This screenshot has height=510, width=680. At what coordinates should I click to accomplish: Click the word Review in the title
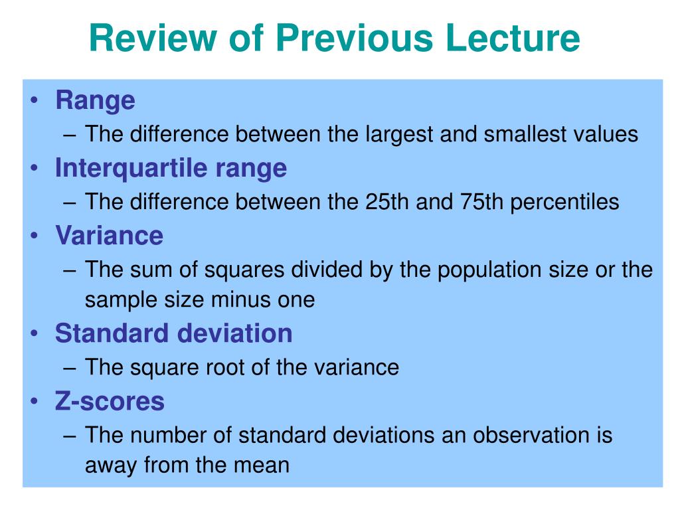153,37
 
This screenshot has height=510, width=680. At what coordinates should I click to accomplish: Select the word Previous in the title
355,37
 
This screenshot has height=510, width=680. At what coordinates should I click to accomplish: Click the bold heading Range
96,101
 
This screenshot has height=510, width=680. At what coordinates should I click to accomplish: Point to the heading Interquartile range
171,169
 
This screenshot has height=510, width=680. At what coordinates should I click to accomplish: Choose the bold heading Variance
110,236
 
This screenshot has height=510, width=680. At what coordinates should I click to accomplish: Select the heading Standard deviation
173,333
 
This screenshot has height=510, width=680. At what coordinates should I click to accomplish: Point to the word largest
399,134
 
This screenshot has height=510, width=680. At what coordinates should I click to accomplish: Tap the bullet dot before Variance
35,236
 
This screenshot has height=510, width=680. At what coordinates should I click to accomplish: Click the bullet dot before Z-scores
35,400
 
